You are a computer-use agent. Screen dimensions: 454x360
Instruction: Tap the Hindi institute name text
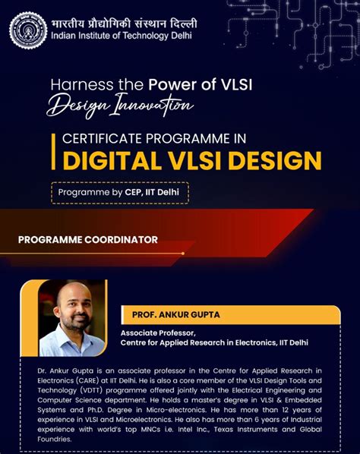122,21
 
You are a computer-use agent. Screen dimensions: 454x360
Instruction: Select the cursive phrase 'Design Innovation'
118,106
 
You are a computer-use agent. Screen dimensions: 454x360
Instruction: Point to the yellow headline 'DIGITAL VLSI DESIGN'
191,160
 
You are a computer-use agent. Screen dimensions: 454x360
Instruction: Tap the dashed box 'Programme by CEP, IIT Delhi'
119,193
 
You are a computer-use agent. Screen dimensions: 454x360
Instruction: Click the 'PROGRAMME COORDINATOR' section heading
88,240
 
